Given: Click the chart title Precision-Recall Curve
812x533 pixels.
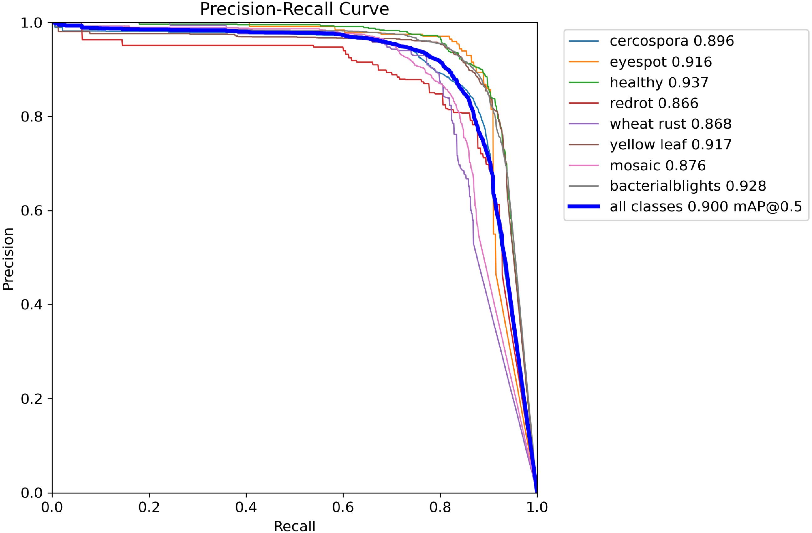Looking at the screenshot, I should click(294, 9).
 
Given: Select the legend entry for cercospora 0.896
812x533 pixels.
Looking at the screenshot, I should click(672, 41).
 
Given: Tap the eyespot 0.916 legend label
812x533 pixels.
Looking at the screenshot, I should click(661, 62).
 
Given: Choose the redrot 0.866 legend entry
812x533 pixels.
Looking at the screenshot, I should click(654, 103).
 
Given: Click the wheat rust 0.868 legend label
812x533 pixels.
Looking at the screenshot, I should click(671, 124).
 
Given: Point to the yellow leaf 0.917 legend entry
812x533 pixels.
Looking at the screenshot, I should click(671, 145).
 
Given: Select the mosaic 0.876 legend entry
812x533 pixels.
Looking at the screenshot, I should click(657, 166).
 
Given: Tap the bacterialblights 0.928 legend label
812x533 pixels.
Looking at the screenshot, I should click(688, 186).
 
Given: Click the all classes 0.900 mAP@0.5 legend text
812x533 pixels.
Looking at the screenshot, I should click(706, 207).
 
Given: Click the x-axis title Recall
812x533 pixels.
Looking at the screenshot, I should click(294, 526).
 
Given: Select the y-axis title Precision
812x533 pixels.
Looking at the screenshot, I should click(8, 258).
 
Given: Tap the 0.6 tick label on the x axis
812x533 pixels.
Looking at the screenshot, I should click(343, 507).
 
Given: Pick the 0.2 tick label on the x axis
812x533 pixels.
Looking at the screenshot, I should click(149, 507).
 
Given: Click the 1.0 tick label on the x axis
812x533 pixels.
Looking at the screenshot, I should click(537, 507).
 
